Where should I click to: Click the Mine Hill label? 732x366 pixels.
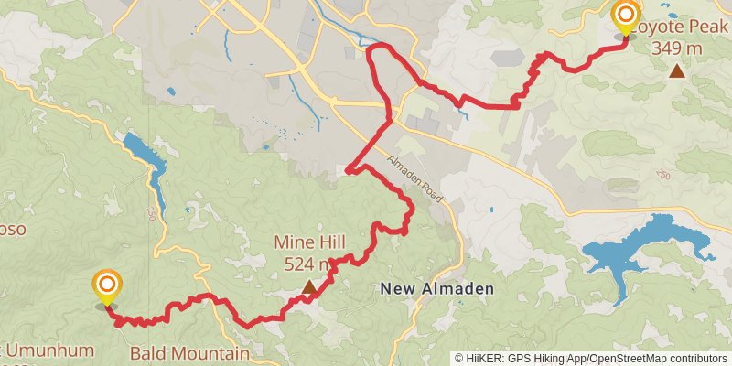[x=310, y=243]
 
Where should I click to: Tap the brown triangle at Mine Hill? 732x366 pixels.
[x=310, y=287]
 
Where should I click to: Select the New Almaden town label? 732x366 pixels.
[x=436, y=289]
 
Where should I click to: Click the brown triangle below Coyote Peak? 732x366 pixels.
[x=676, y=70]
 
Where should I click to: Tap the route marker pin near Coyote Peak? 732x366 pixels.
[x=626, y=17]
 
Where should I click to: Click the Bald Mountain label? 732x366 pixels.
[x=189, y=353]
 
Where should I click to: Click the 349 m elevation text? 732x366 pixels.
[x=676, y=48]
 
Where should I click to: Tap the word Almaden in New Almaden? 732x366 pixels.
[x=461, y=289]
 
